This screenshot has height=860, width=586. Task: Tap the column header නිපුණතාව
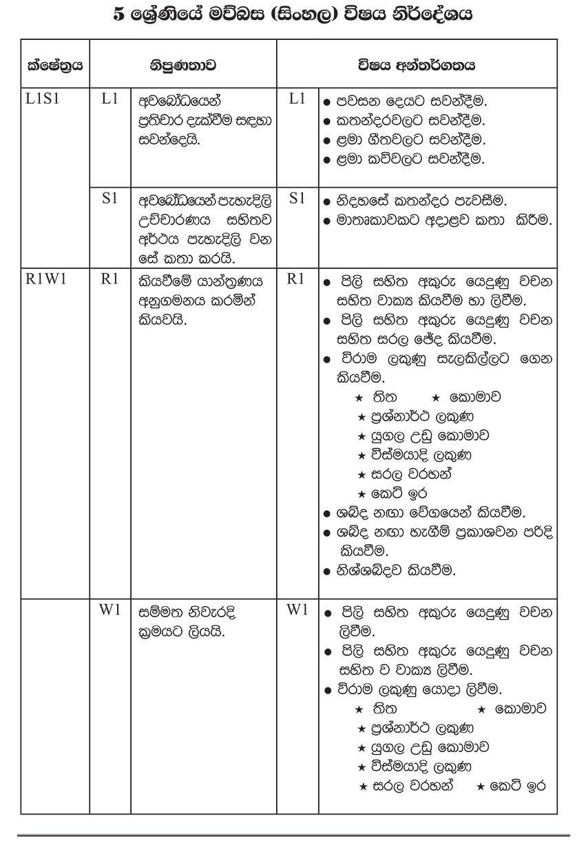(183, 66)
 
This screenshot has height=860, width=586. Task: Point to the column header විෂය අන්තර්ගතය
(417, 66)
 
